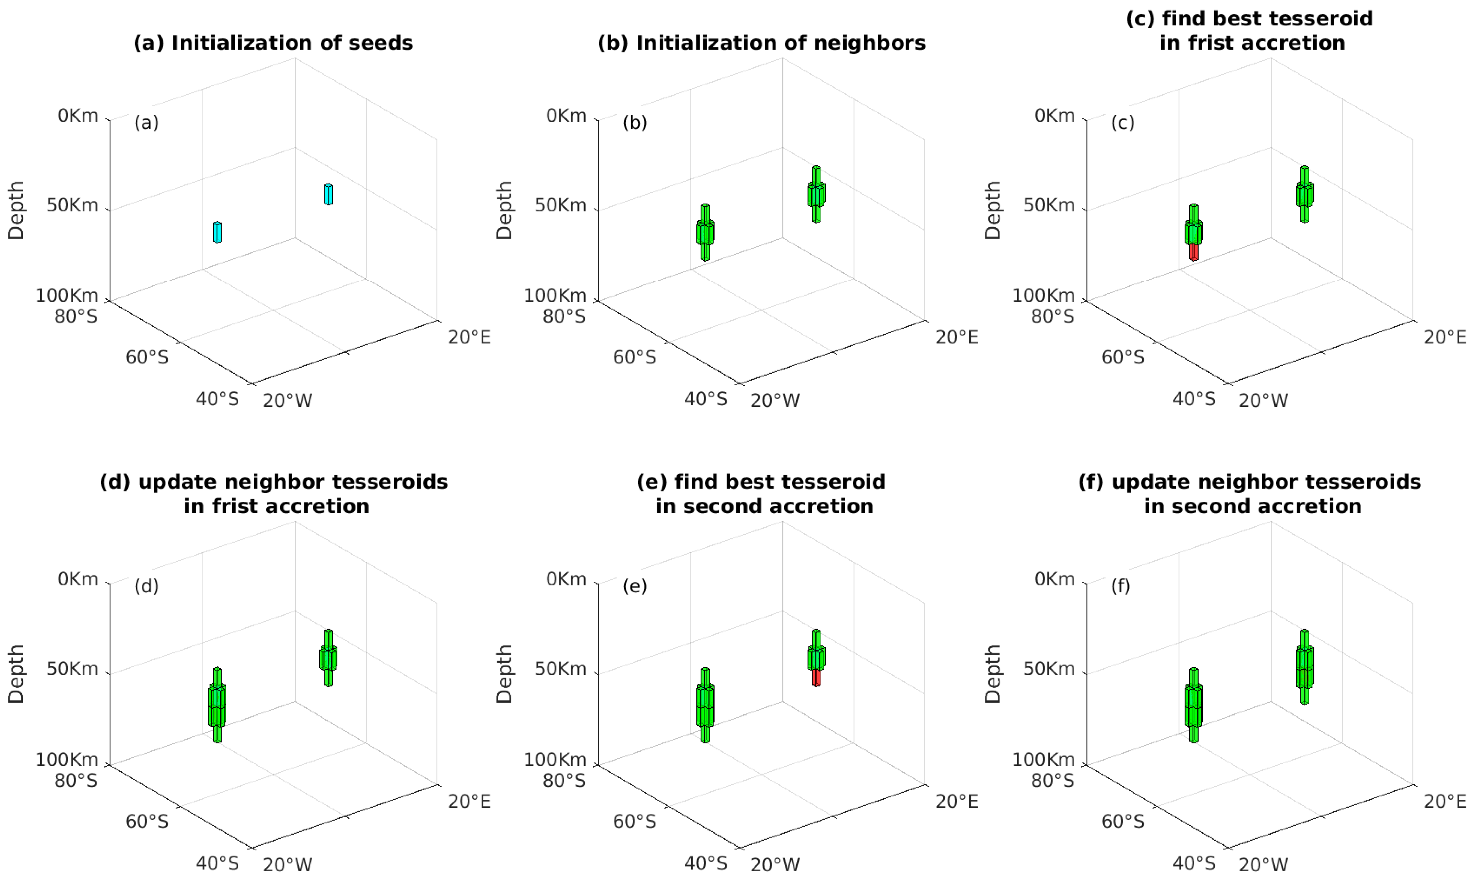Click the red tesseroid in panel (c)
(x=1194, y=252)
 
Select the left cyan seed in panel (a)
(x=217, y=232)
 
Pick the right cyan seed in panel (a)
(x=329, y=194)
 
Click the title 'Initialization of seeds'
(x=273, y=43)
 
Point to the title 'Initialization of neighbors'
(x=761, y=43)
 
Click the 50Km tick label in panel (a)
(x=72, y=205)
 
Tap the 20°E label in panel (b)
(x=957, y=338)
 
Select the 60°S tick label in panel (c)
(x=1123, y=357)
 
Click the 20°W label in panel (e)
(x=775, y=865)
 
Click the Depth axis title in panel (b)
(x=504, y=211)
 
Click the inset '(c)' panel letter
(x=1123, y=123)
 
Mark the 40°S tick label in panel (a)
(x=217, y=399)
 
